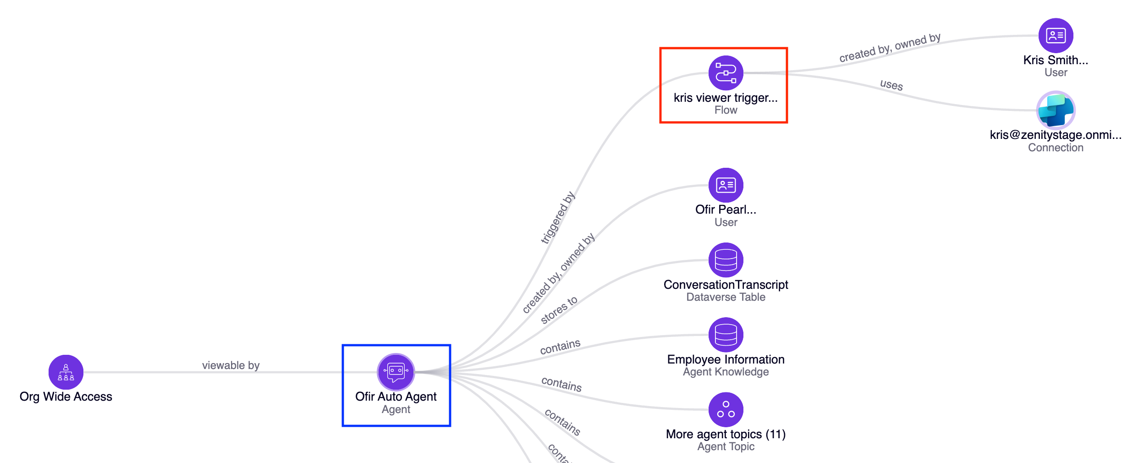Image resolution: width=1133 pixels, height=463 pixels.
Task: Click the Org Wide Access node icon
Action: click(x=66, y=372)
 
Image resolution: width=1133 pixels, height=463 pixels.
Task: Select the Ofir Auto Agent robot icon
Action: click(x=396, y=372)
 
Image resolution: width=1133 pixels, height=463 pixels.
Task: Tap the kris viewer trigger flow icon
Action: click(x=726, y=73)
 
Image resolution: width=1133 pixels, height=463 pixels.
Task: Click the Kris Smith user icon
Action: click(x=1056, y=35)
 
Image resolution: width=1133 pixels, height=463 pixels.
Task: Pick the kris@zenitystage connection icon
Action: click(x=1056, y=110)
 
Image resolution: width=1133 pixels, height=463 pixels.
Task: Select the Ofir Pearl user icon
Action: click(x=726, y=185)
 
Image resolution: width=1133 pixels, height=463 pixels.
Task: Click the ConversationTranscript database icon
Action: click(x=726, y=260)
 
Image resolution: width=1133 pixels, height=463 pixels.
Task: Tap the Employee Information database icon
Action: click(x=726, y=335)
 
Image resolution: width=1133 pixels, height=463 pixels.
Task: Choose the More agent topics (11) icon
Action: click(x=726, y=409)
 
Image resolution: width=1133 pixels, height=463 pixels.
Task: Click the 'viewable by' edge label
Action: click(x=231, y=365)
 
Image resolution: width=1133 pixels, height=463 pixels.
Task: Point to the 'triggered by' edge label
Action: click(x=558, y=218)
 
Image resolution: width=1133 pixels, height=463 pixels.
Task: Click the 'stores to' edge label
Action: click(x=559, y=310)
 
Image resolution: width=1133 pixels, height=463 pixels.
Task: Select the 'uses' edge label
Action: click(x=891, y=85)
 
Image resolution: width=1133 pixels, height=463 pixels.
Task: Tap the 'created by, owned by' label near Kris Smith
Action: click(x=890, y=48)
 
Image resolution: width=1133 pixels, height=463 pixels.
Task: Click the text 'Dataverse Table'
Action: click(x=726, y=297)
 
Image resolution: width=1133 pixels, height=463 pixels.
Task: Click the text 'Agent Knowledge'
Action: click(x=726, y=372)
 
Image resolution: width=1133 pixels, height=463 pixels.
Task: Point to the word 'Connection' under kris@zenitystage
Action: click(x=1056, y=148)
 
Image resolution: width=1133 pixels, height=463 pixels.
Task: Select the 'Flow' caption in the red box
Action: click(x=726, y=110)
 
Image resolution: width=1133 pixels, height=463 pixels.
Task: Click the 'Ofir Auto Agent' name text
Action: click(x=396, y=397)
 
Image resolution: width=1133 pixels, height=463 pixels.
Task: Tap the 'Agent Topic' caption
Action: click(x=726, y=446)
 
